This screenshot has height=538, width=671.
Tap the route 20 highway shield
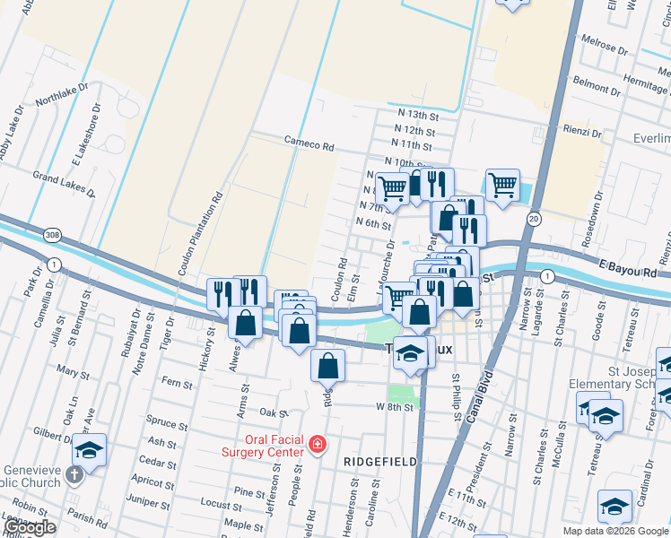534,219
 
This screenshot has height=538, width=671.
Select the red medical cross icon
317,444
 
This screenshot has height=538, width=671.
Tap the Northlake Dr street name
61,94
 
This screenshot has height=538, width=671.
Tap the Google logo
29,528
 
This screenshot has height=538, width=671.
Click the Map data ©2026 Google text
614,531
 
